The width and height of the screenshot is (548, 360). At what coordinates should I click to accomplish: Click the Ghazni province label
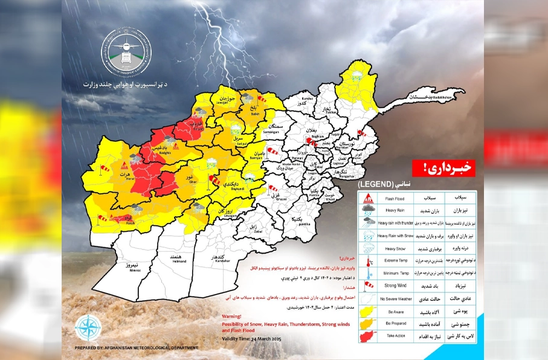coord(273,198)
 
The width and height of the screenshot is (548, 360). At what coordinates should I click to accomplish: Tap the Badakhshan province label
coord(422,97)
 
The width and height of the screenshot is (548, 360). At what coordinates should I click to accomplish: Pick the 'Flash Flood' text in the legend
coord(398,198)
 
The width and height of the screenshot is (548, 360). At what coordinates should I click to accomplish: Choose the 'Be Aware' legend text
coord(398,312)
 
